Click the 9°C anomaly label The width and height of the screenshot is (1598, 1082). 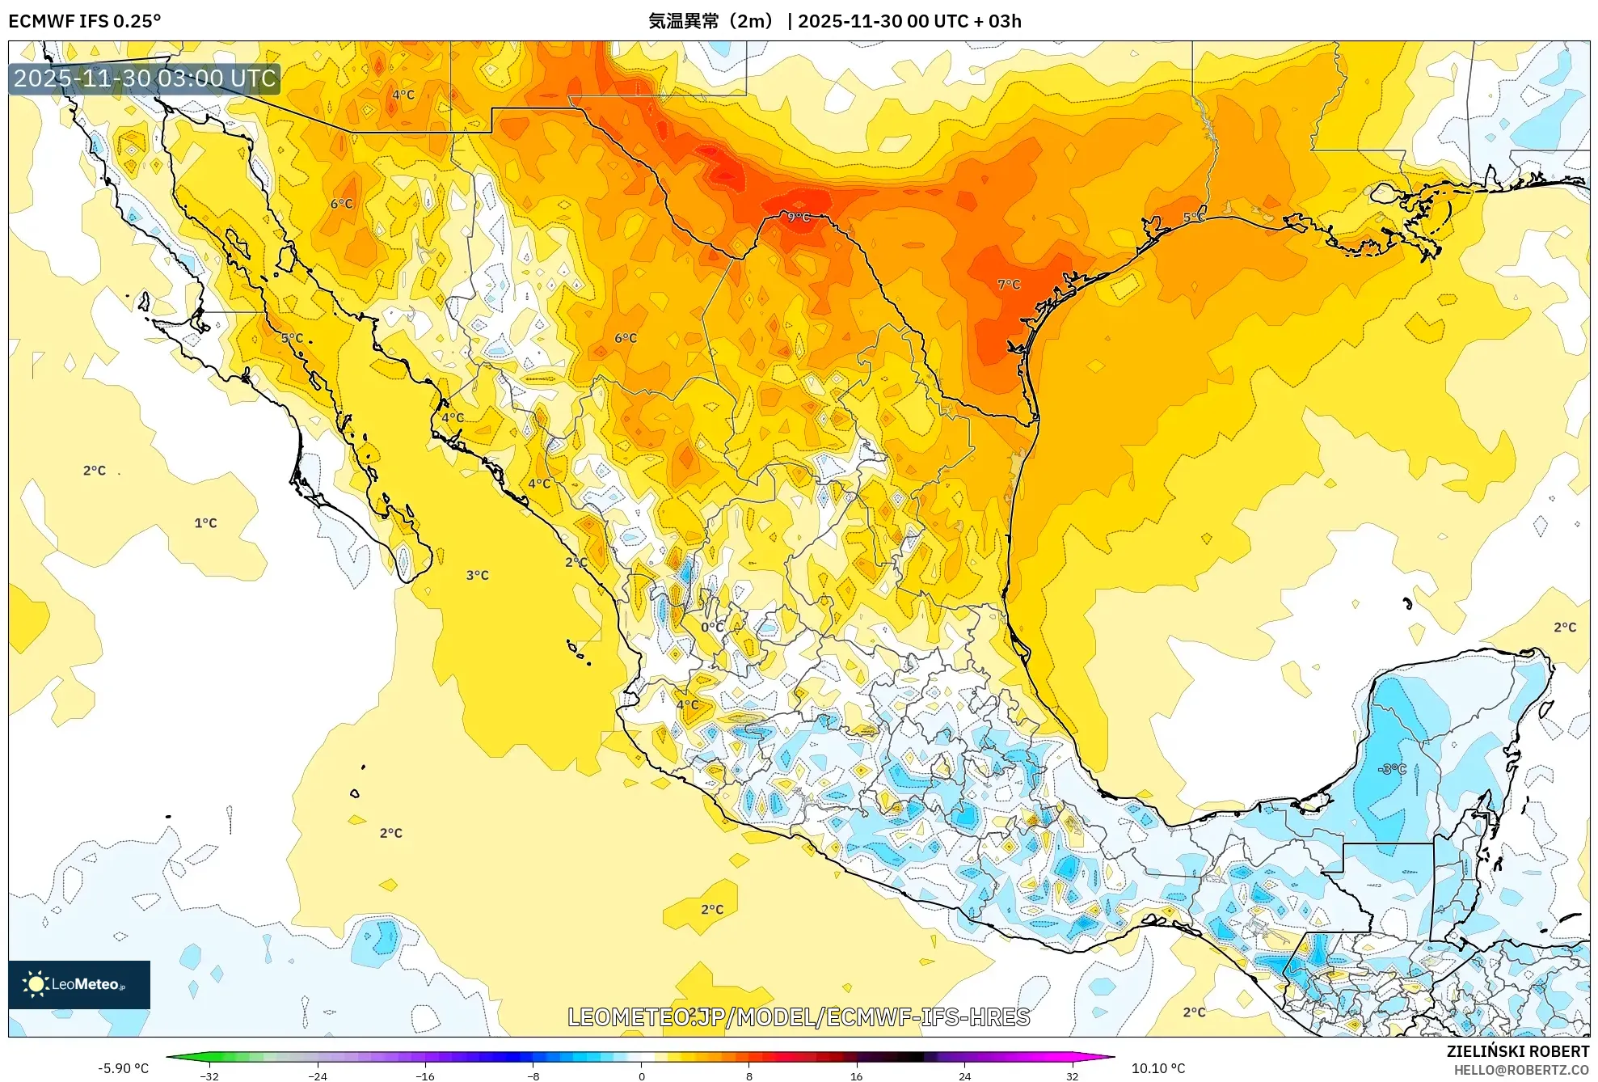[799, 218]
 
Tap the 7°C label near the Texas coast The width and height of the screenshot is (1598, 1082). [1009, 285]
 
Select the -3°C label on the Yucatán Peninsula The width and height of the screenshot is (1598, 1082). [1392, 769]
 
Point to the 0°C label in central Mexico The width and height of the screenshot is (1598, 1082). [712, 627]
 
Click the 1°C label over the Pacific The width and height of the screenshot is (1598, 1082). [205, 523]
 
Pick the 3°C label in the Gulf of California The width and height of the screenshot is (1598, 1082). [477, 576]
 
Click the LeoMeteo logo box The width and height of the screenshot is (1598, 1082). [79, 984]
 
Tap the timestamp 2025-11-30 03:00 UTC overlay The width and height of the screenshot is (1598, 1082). [145, 78]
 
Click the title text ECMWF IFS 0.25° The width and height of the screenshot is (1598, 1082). [84, 21]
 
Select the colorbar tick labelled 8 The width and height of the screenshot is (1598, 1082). [749, 1076]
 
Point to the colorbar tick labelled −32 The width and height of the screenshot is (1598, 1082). [209, 1076]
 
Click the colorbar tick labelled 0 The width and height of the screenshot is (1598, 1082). [642, 1076]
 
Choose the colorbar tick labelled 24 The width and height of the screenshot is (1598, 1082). [964, 1076]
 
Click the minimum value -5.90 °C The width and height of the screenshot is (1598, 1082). [123, 1068]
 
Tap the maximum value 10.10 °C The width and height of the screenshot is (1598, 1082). [1158, 1068]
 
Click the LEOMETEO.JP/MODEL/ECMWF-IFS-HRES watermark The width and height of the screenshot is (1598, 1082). [799, 1017]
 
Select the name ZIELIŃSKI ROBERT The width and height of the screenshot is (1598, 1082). [1518, 1051]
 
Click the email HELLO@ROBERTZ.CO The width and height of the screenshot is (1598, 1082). [1521, 1070]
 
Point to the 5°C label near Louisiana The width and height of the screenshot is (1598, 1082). [1194, 217]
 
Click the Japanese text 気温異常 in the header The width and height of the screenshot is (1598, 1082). [684, 21]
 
